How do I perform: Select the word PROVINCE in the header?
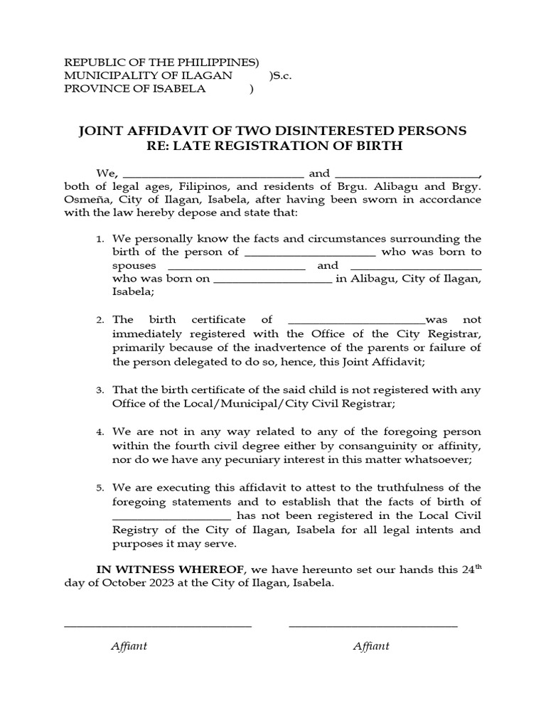pos(92,89)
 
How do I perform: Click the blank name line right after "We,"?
pos(213,174)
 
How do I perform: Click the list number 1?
pos(100,240)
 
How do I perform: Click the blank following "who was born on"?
pos(272,279)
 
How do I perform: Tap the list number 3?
pos(100,390)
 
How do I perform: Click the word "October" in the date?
pos(117,583)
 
